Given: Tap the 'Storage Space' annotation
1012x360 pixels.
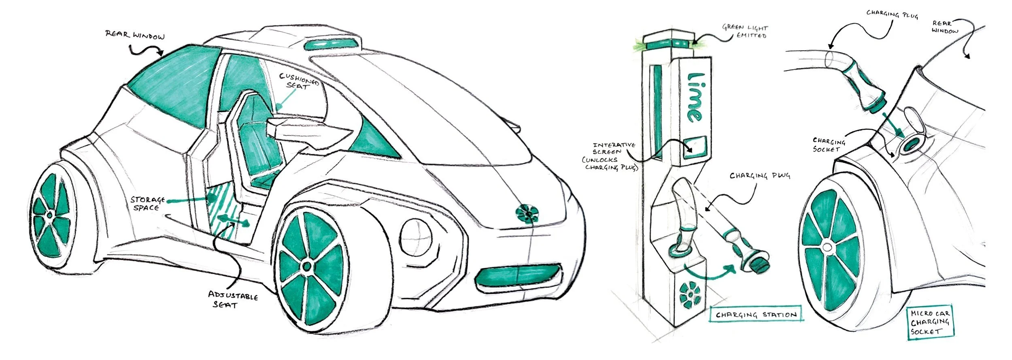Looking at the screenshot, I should coord(147,203).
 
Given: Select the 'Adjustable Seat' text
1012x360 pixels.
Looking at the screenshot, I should coord(233,300).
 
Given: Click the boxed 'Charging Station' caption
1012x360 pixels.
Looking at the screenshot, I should coord(756,315).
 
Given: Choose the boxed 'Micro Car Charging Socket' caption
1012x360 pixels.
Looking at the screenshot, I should coord(930,322).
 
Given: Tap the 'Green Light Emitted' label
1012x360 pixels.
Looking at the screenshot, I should coord(745,32).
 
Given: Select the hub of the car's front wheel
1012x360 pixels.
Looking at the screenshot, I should coord(306,266).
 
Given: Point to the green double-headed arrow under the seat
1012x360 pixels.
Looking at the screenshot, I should coord(233,221).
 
